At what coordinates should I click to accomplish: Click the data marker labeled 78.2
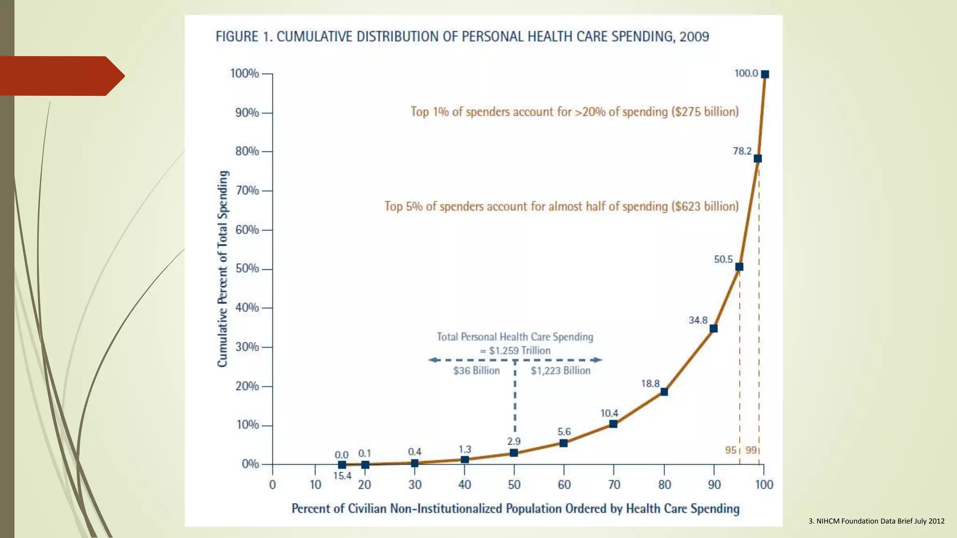coord(757,158)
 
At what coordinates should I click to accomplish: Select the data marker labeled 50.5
coord(739,267)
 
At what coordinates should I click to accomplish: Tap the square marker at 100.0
coord(765,74)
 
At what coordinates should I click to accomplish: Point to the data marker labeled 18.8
coord(664,392)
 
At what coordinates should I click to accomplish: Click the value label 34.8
coord(698,320)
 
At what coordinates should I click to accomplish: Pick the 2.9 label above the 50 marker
coord(514,441)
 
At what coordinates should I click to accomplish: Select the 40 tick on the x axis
coord(464,485)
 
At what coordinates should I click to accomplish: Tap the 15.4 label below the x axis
coord(342,476)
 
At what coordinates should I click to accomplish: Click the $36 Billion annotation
coord(476,371)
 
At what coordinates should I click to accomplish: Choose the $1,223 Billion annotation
coord(560,371)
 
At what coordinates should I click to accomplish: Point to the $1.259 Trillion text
coord(520,351)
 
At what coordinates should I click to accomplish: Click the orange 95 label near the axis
coord(731,450)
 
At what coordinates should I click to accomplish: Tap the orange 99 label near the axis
coord(751,450)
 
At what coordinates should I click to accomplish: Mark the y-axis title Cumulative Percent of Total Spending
coord(223,269)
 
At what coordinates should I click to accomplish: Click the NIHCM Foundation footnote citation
coord(876,521)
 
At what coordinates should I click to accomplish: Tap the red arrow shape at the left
coord(61,76)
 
